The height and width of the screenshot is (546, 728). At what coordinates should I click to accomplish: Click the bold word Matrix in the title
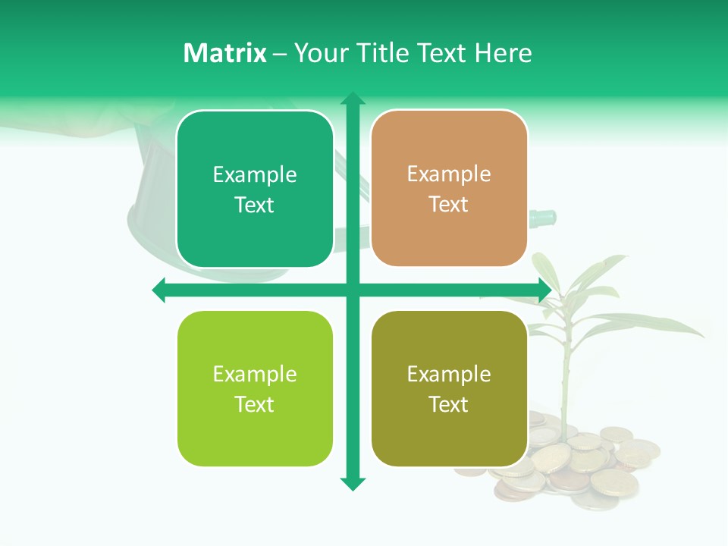[224, 53]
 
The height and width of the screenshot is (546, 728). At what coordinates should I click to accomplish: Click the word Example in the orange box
[449, 174]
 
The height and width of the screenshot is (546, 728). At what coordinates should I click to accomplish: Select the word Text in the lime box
[254, 404]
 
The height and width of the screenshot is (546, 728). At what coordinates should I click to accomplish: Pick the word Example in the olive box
[449, 374]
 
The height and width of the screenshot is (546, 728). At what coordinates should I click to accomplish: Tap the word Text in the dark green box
[254, 206]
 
